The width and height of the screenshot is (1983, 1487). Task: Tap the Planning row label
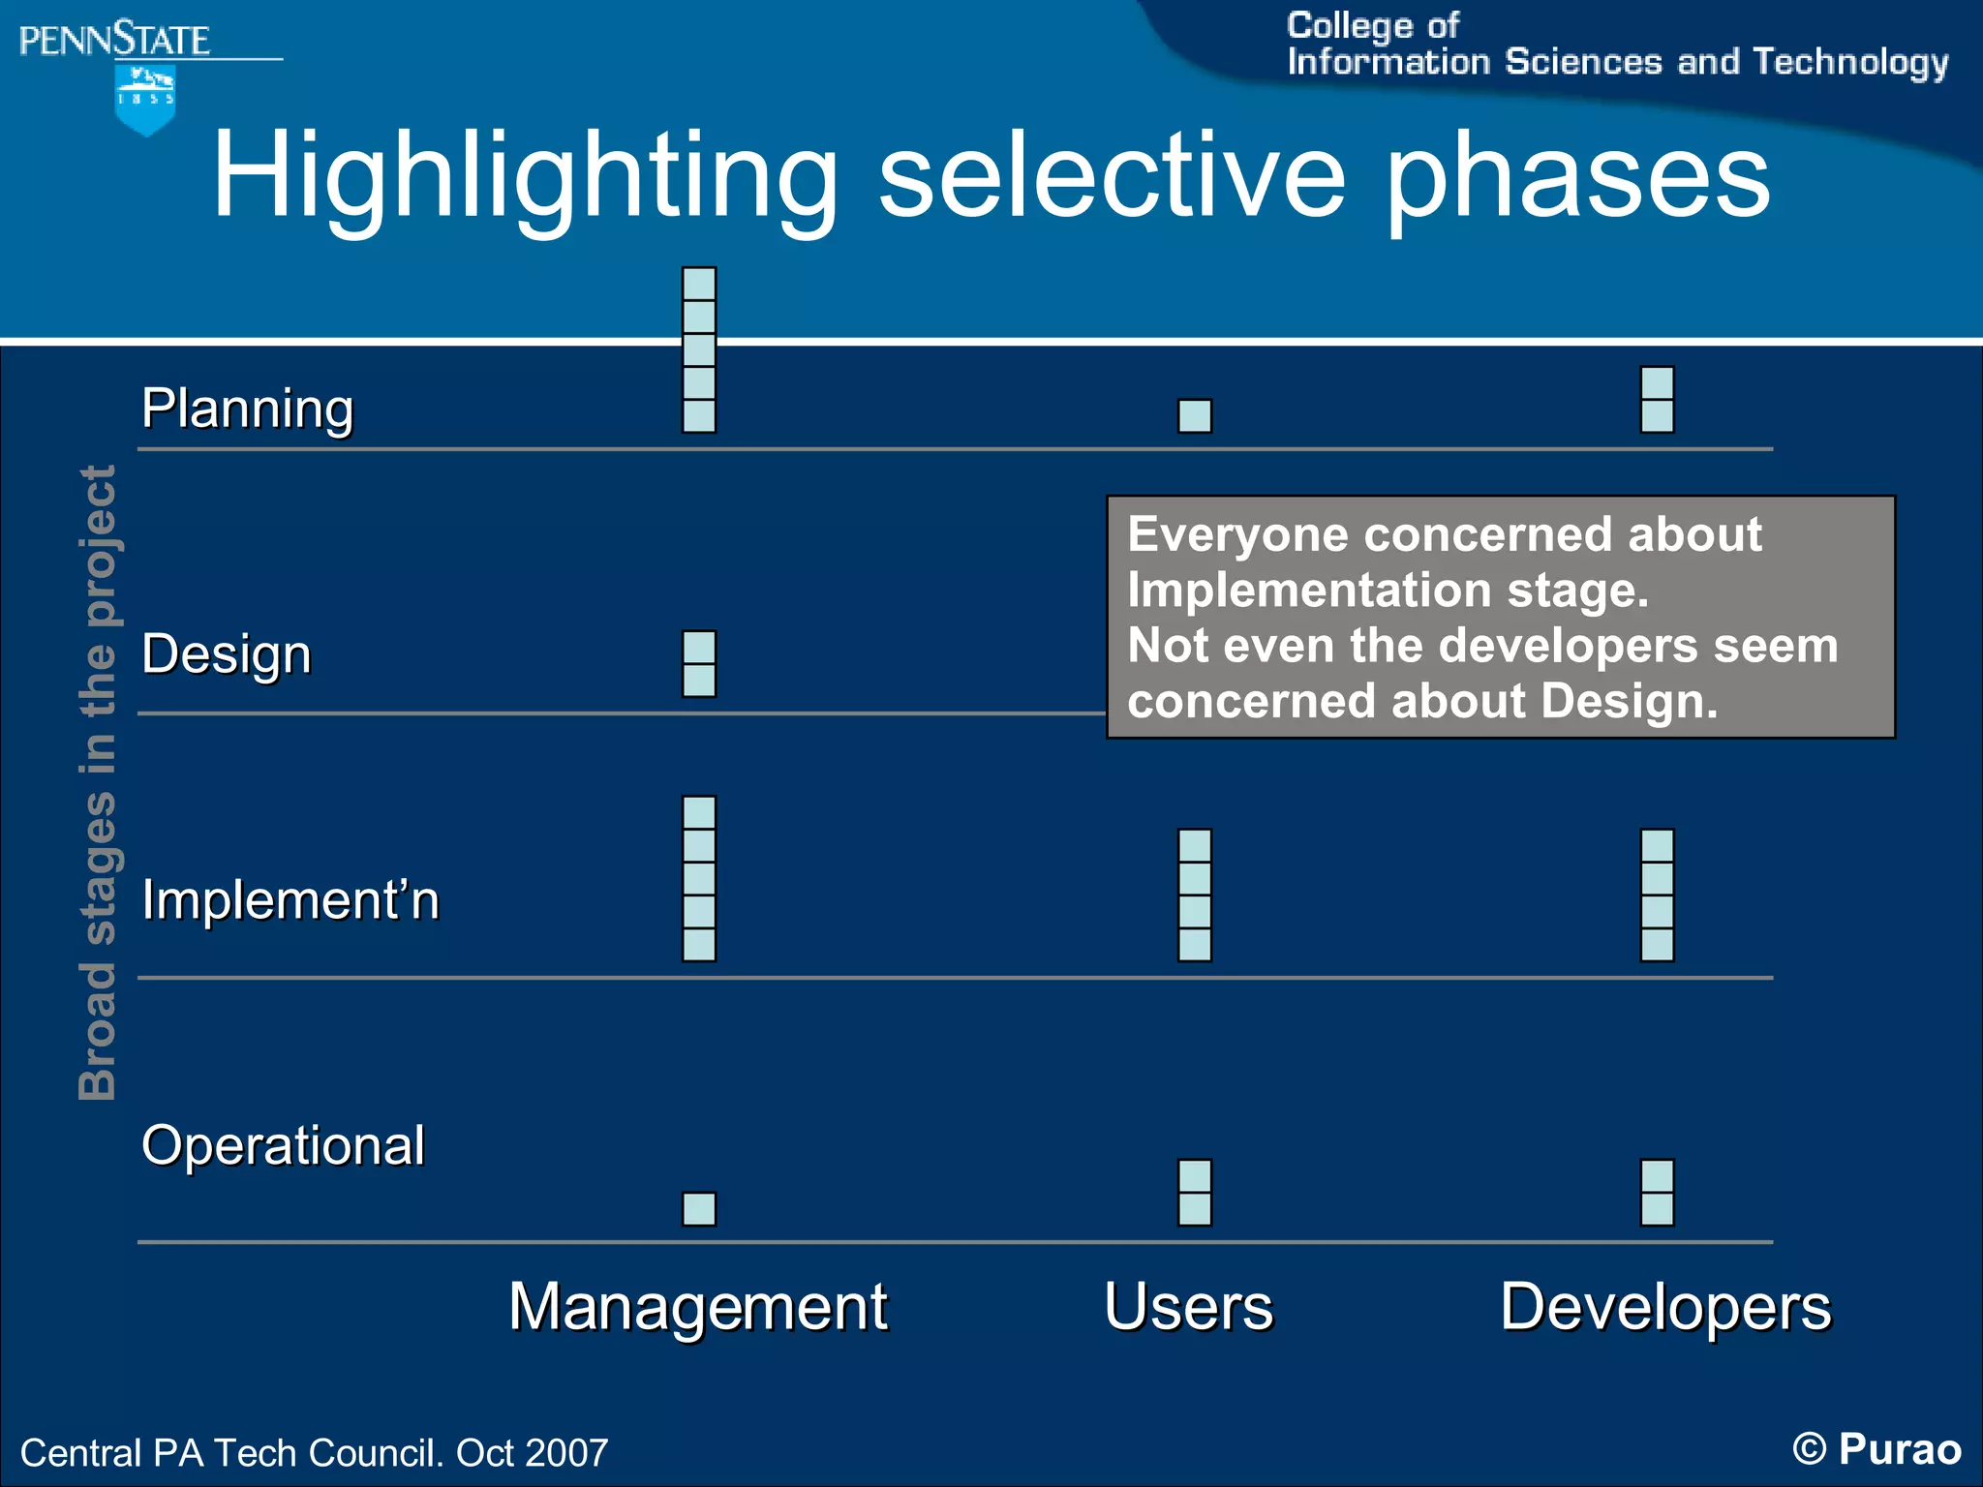(248, 408)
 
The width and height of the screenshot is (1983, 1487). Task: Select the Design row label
(227, 653)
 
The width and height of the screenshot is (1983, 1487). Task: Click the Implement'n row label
(290, 899)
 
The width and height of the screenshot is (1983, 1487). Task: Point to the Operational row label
(283, 1145)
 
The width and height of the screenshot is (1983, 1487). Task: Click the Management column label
(698, 1306)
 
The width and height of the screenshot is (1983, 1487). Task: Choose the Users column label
(1188, 1306)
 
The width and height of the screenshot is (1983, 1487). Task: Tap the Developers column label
(1665, 1306)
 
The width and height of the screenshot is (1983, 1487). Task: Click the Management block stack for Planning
(699, 349)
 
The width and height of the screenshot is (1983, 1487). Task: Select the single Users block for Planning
(1195, 416)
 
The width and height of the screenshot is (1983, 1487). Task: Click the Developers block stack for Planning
(1657, 399)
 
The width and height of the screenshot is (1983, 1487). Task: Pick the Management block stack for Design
(699, 664)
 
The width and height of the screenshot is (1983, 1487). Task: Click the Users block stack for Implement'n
(1195, 895)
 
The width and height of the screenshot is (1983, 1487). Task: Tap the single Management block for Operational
(699, 1209)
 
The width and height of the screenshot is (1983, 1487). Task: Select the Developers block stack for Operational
(1657, 1193)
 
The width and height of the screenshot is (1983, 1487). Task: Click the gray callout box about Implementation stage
(1500, 617)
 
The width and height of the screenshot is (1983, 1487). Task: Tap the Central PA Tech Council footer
(314, 1452)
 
